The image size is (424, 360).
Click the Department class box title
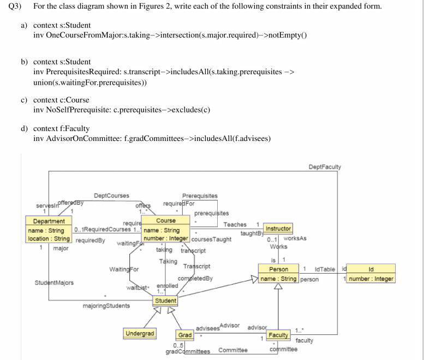49,221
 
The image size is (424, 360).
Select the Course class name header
166,221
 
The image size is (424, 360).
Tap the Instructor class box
278,228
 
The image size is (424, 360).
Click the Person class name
279,269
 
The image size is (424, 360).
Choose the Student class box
165,300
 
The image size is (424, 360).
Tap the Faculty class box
278,334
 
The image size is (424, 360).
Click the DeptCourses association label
111,196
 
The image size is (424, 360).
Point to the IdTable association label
325,269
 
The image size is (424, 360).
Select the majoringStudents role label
106,306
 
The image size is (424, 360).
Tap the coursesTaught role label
212,239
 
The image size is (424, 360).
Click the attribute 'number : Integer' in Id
371,279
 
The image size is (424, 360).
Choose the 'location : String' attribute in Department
49,239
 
